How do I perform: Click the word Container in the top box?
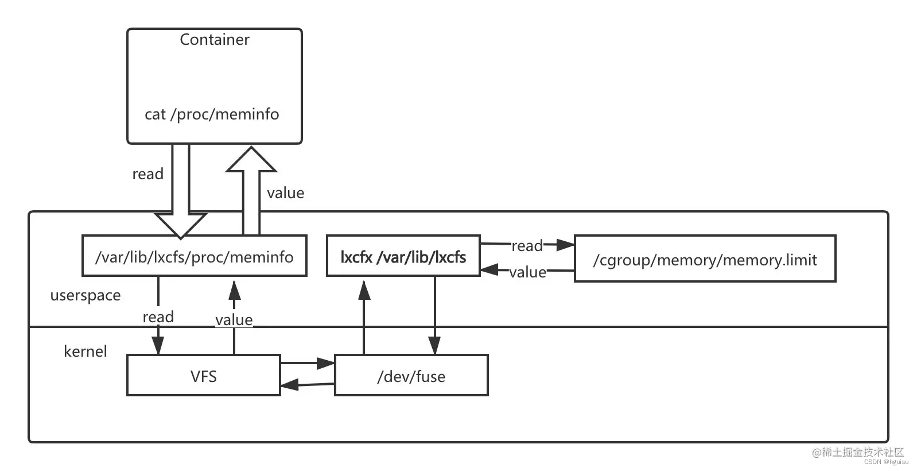click(x=214, y=40)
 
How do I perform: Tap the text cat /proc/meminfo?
click(x=212, y=114)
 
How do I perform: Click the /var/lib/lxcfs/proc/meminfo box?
click(x=194, y=256)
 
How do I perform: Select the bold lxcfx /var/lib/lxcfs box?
click(x=403, y=256)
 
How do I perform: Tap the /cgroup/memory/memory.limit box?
click(x=705, y=260)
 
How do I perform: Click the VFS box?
click(x=203, y=376)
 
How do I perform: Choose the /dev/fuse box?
click(x=411, y=376)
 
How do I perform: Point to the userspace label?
click(x=86, y=295)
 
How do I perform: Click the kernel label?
click(x=85, y=352)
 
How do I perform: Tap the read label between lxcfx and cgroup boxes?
click(x=527, y=246)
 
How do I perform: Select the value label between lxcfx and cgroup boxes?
click(x=527, y=272)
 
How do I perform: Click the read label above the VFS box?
click(x=158, y=316)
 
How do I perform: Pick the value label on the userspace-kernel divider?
click(x=234, y=319)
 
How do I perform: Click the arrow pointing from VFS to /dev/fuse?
click(x=308, y=363)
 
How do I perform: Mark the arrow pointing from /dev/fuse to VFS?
click(x=307, y=385)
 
